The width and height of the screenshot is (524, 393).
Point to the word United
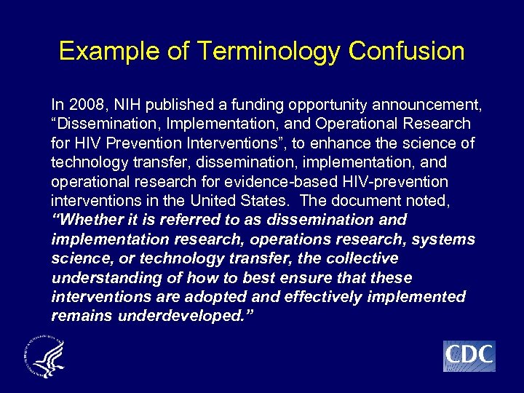coord(222,200)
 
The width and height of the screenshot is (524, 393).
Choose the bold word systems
coord(445,239)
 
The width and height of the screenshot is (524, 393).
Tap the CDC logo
coord(469,356)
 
